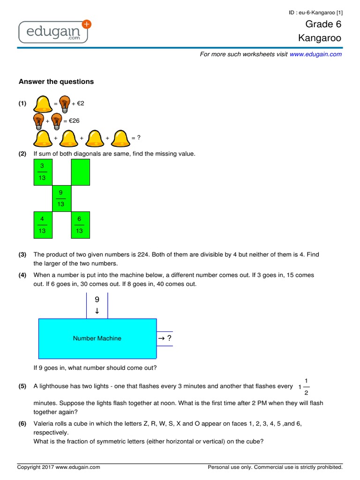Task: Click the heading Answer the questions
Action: (56, 82)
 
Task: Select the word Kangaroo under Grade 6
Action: (320, 38)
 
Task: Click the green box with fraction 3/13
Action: (42, 172)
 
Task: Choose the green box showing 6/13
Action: (79, 225)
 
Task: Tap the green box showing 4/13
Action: (42, 225)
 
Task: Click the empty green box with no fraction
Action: (79, 172)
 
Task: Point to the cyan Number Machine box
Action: (97, 338)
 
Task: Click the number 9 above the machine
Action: (97, 299)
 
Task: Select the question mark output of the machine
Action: (169, 338)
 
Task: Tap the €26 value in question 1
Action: (74, 120)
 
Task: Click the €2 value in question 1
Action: (81, 103)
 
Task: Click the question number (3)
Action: (22, 255)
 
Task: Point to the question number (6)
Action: (22, 424)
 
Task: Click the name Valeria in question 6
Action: (44, 424)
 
